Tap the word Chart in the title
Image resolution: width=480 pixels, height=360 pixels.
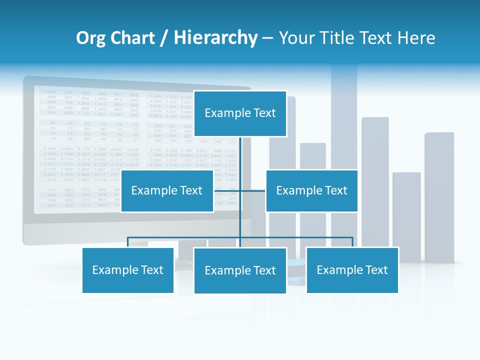(x=132, y=38)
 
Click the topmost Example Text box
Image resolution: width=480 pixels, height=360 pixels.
(x=240, y=113)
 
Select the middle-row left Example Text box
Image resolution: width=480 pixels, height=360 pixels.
(x=167, y=190)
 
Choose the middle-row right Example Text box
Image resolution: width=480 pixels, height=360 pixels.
(x=311, y=190)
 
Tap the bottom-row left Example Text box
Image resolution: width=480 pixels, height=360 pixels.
(x=128, y=270)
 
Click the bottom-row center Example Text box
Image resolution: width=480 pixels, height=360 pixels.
(x=240, y=270)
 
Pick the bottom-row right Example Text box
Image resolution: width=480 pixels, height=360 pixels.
(x=352, y=270)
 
